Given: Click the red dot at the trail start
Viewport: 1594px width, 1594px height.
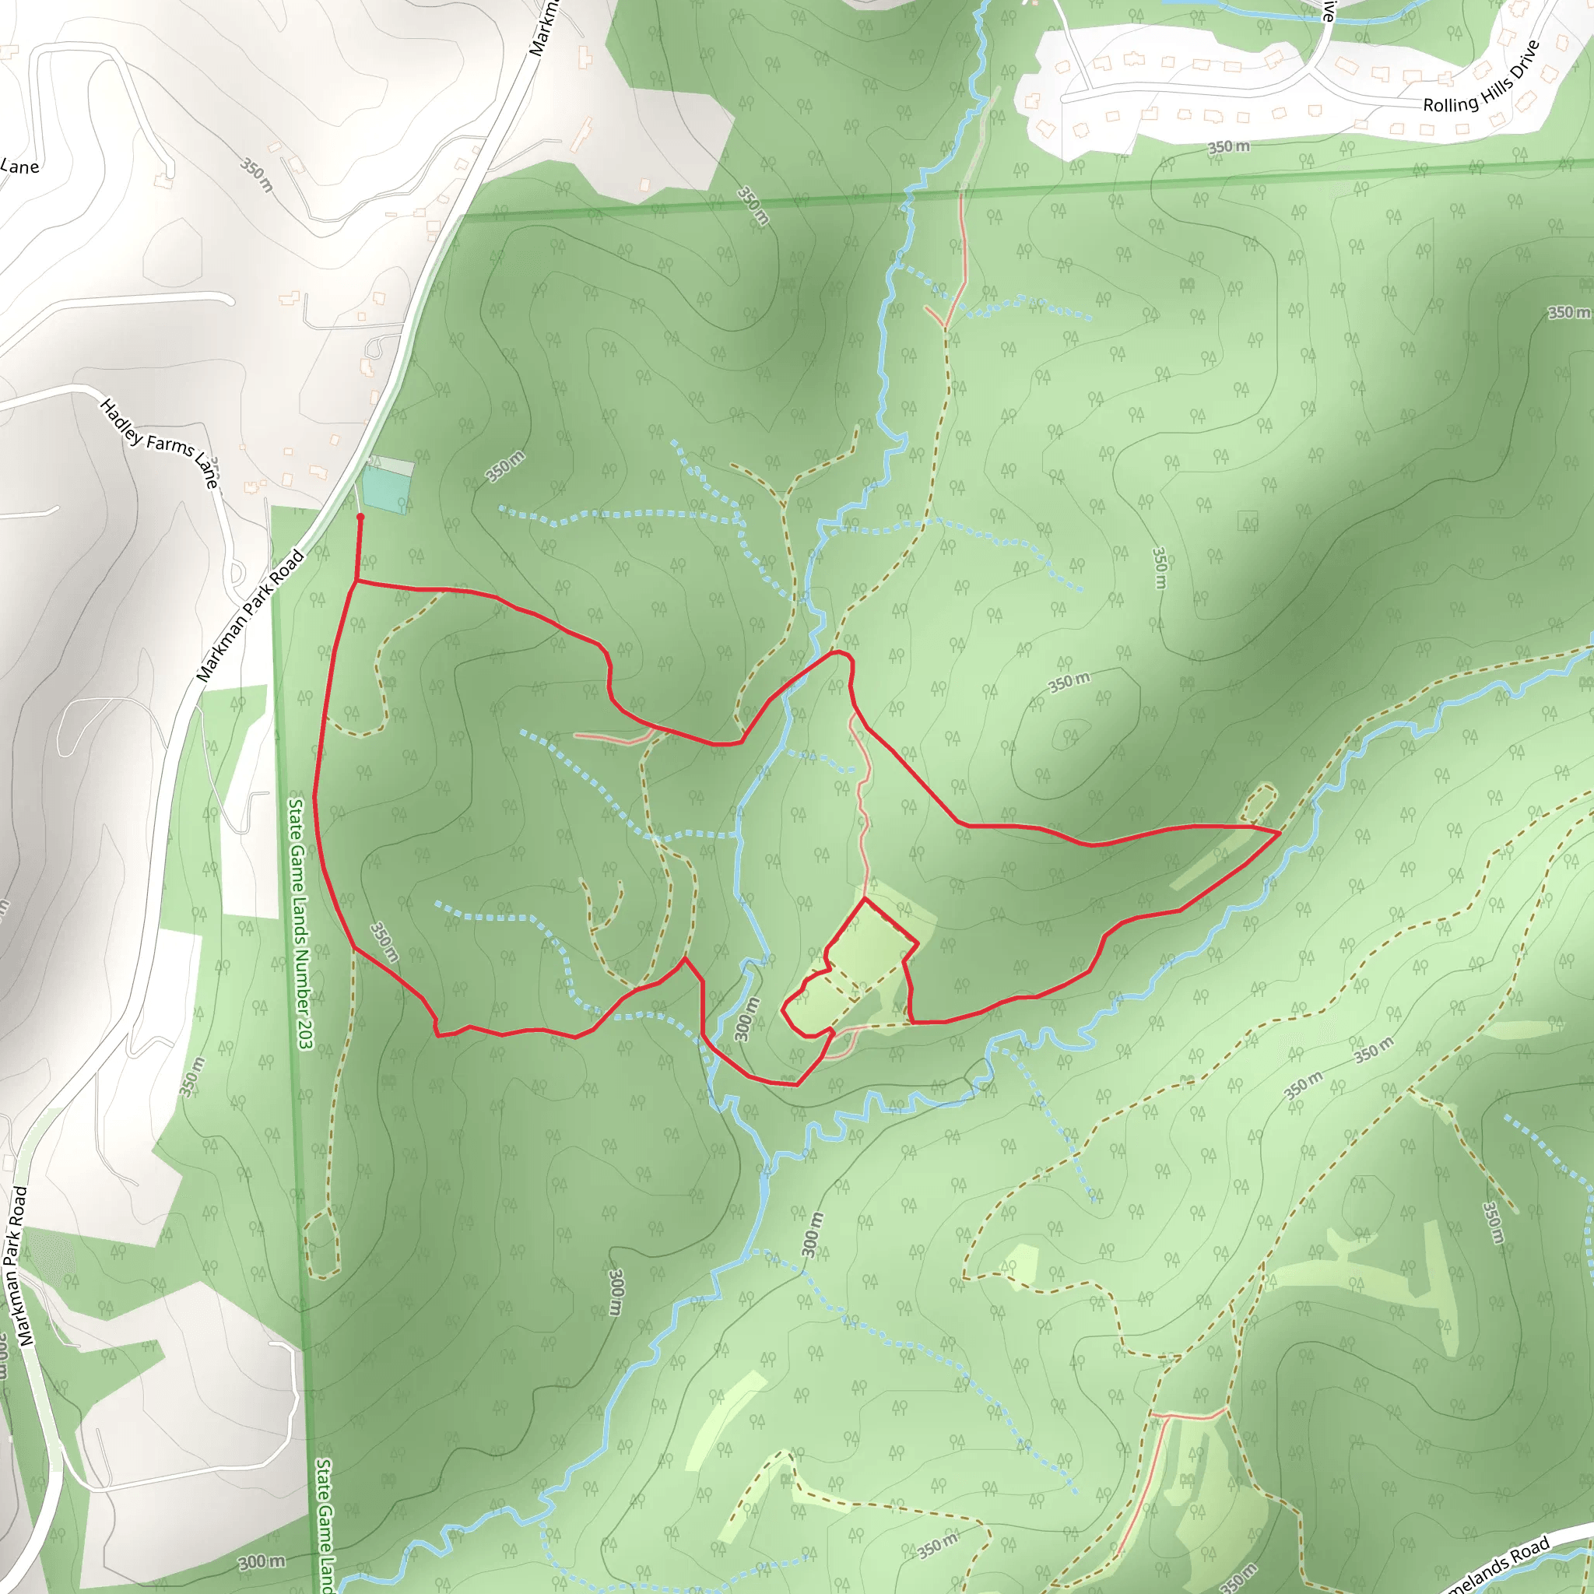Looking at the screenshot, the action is [360, 518].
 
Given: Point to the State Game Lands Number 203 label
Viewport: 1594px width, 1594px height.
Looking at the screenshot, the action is [300, 923].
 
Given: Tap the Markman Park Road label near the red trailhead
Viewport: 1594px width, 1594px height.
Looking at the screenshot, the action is [250, 616].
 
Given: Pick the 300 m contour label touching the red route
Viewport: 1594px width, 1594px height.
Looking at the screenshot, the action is [746, 1019].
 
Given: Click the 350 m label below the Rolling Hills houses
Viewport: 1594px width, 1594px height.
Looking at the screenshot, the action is [1228, 147].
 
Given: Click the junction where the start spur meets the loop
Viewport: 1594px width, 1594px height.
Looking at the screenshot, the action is [356, 581].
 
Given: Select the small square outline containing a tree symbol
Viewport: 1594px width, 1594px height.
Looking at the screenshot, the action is [1248, 521].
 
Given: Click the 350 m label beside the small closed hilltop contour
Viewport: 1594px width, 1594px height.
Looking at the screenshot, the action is [1069, 683].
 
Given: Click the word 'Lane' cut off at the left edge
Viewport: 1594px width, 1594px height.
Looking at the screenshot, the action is [19, 167].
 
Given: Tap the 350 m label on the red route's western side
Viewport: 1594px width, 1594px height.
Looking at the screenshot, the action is [384, 942].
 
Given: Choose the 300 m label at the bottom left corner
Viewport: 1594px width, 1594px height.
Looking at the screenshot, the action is [262, 1562].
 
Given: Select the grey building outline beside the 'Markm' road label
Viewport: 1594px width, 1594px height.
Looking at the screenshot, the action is [585, 58].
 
